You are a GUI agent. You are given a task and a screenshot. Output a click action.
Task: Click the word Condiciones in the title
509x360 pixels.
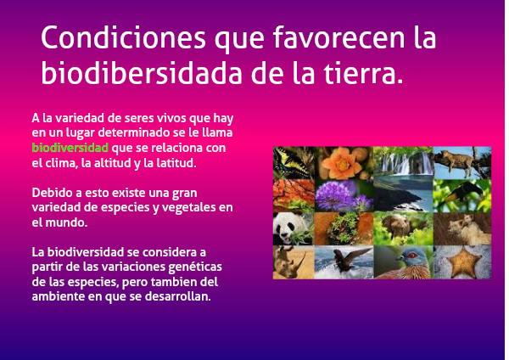coord(123,37)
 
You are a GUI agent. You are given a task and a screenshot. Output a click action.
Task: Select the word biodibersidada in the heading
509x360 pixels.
coord(142,72)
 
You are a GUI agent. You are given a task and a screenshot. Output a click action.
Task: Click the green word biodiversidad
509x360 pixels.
coord(70,148)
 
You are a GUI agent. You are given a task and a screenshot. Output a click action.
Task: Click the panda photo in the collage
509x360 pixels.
coord(294,228)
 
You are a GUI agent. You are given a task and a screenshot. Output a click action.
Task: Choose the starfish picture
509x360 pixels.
coord(462,262)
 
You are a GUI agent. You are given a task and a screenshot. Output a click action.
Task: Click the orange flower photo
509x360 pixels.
coord(344,163)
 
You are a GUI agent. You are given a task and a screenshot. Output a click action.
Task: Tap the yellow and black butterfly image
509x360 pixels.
coord(294,163)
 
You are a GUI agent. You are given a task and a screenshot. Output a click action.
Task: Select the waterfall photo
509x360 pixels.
coord(403,161)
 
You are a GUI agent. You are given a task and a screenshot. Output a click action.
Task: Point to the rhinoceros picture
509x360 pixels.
coord(294,262)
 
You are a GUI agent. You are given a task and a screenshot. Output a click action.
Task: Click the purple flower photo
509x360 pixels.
coord(344,195)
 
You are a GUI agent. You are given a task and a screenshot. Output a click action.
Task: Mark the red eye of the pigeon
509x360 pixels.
coord(411,256)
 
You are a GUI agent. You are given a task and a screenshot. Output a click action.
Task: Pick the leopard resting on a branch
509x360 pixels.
coord(462,163)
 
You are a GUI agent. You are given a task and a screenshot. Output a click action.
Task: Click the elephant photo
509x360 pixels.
coord(403,228)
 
